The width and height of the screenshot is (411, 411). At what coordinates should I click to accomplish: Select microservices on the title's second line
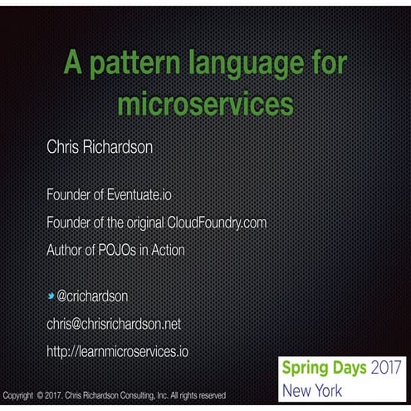[206, 105]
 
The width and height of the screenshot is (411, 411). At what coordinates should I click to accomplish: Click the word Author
[66, 249]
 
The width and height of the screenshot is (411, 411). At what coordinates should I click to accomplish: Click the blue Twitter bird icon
[51, 296]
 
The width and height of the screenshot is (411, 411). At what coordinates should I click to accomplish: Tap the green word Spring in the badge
[304, 367]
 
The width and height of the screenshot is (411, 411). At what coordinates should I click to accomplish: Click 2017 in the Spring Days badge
[388, 367]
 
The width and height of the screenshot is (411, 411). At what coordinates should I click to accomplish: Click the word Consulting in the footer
[151, 395]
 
